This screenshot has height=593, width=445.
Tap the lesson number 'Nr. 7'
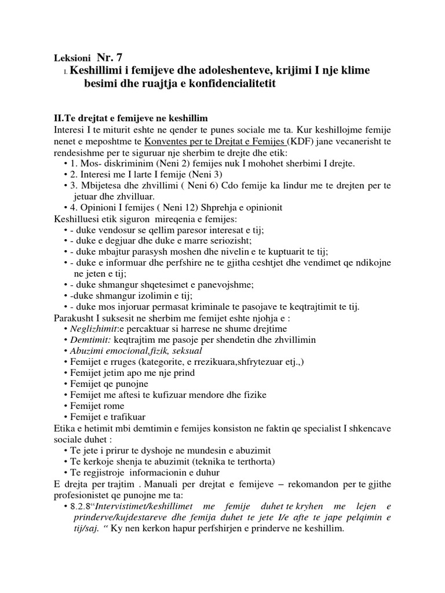tap(110, 57)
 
